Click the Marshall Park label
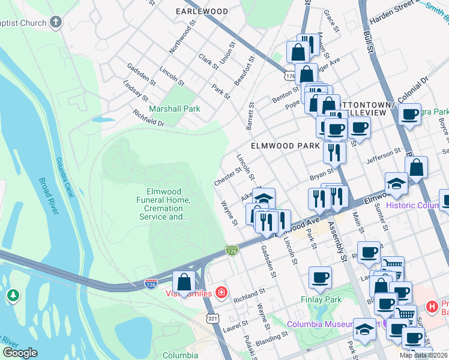175,109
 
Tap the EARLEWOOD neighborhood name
202,11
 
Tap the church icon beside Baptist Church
56,23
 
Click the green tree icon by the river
13,296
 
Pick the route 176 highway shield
290,76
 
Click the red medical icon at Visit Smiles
221,293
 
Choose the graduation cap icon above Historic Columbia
396,183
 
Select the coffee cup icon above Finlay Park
320,277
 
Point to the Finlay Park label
320,299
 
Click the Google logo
20,352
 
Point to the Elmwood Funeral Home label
161,204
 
